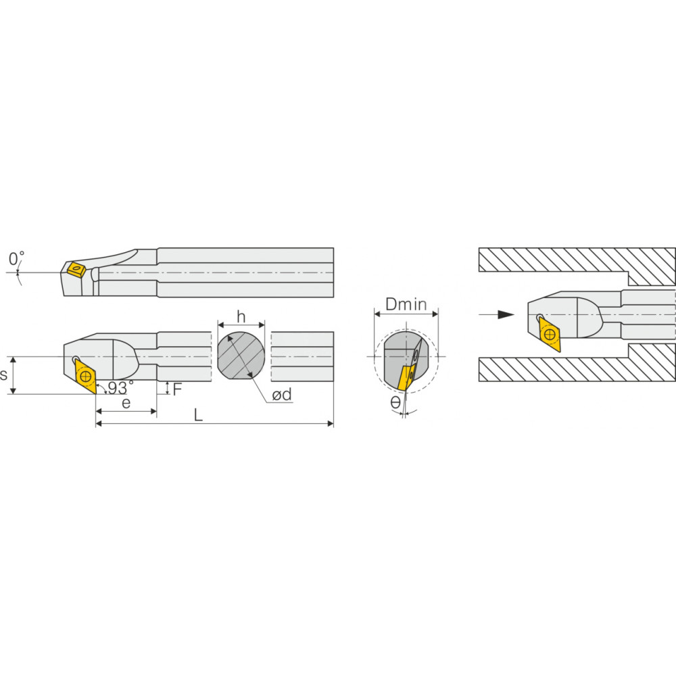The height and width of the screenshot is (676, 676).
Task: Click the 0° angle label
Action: (x=16, y=258)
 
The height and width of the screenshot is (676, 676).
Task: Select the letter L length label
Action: (x=198, y=415)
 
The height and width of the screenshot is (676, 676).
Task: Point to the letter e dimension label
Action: (x=126, y=404)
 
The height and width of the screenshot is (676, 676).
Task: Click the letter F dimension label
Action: (x=177, y=389)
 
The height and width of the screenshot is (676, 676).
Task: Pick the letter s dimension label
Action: (x=4, y=375)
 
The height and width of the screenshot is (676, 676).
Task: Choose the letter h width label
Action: (x=241, y=317)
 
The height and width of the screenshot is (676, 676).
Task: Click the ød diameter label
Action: (x=281, y=394)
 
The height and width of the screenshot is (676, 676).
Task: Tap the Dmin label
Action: (x=406, y=304)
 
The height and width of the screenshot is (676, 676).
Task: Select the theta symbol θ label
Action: (x=395, y=403)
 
